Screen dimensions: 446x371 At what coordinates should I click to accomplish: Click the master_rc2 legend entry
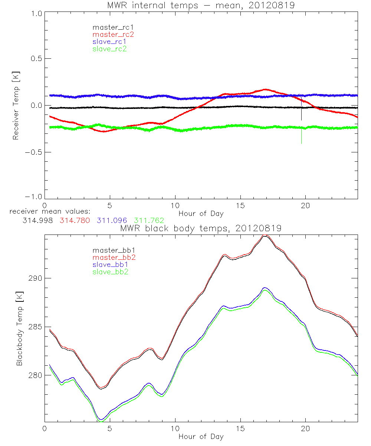(x=113, y=34)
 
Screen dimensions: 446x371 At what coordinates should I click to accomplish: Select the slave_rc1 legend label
(x=109, y=41)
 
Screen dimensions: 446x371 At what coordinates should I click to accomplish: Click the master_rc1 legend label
(x=113, y=27)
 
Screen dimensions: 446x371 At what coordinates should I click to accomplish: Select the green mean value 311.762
(x=149, y=220)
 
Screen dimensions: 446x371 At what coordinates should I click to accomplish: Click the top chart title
(x=201, y=5)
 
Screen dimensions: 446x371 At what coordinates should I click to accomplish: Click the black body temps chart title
(x=201, y=229)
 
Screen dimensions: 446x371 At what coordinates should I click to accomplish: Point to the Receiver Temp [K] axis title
(x=16, y=105)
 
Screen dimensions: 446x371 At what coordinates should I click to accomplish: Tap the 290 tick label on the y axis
(x=35, y=278)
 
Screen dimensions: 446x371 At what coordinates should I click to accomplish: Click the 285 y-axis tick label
(x=35, y=327)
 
